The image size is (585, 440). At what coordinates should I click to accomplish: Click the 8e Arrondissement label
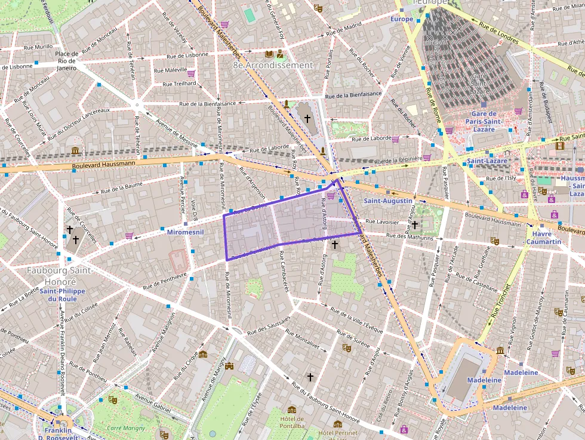pos(273,65)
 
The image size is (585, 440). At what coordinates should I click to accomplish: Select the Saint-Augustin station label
pos(388,201)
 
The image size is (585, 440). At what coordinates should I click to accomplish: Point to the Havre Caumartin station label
pos(543,238)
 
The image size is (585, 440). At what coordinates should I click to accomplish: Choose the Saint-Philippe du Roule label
pos(63,295)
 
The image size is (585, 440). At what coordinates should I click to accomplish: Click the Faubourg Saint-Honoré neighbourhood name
pos(60,276)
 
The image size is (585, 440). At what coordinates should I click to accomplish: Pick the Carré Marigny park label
pos(122,428)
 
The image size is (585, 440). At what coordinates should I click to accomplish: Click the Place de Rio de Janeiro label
pos(66,61)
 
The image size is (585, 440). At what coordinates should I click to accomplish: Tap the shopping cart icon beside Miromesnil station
pos(129,236)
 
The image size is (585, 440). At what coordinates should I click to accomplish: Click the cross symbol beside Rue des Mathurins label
pos(334,244)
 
